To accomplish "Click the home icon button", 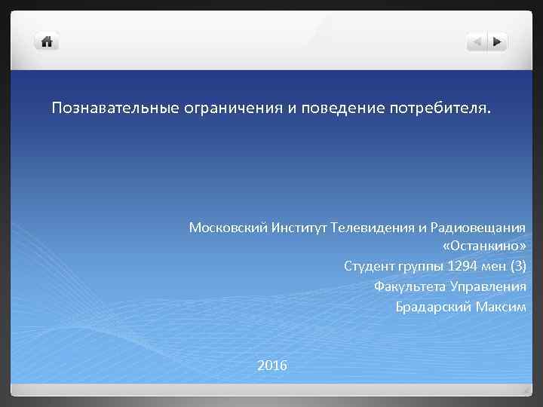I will click(x=47, y=41).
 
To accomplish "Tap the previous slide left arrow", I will click(x=477, y=41).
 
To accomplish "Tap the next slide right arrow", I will click(x=498, y=41).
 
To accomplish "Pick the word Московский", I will click(x=224, y=228).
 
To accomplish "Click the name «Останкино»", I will click(x=484, y=247).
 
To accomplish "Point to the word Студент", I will click(x=370, y=267).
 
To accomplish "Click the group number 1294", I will click(x=461, y=267).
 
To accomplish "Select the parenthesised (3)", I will click(x=517, y=267).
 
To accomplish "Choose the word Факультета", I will click(x=409, y=286).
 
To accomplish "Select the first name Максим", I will click(x=501, y=307).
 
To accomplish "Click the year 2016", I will click(x=271, y=366).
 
